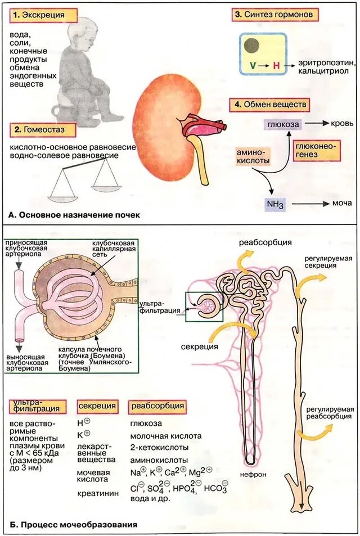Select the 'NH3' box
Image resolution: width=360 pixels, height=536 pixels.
pos(276,205)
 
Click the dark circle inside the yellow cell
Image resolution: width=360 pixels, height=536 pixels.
pos(252,45)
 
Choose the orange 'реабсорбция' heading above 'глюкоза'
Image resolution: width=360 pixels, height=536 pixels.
pos(157,406)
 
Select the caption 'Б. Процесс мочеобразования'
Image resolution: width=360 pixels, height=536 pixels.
pos(73,525)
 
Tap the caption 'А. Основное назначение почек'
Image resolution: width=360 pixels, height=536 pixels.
pos(74,215)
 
